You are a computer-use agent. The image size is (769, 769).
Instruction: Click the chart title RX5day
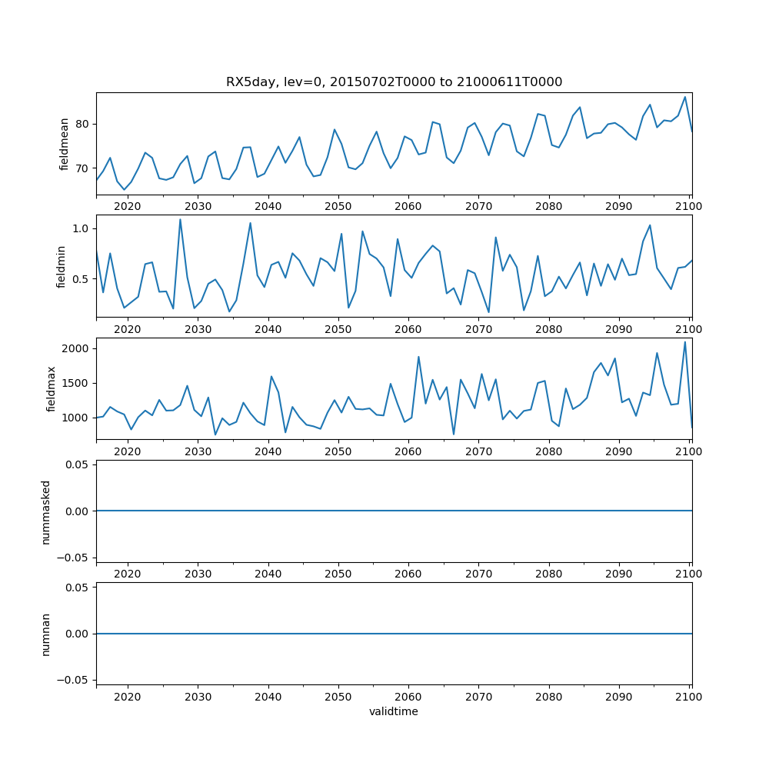tap(394, 82)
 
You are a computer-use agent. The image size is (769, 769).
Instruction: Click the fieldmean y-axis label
tap(65, 144)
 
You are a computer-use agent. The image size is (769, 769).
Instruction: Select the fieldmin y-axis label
tap(61, 266)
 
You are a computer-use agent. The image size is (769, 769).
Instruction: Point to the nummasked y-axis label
tap(46, 511)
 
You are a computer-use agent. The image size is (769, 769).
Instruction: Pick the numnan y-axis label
tap(46, 634)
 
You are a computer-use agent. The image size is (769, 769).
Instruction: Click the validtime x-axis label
tap(394, 712)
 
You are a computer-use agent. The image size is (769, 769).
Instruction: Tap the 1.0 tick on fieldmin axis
tap(81, 228)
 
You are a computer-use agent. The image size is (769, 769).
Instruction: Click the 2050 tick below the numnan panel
tap(338, 696)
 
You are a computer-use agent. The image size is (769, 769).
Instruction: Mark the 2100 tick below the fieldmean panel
tap(689, 206)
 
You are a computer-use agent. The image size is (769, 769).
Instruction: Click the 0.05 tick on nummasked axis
tap(78, 464)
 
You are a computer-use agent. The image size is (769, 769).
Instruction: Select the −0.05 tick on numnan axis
tap(74, 680)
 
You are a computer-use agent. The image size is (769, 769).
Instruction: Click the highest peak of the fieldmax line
tap(685, 341)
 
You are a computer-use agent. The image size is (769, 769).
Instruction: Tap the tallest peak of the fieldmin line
tap(180, 219)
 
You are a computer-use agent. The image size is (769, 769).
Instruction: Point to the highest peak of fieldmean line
tap(685, 97)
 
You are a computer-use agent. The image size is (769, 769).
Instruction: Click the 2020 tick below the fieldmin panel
tap(128, 328)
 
